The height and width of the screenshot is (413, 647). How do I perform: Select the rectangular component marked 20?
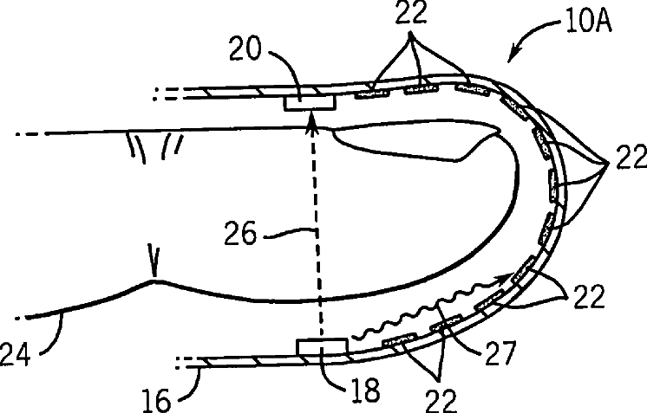(310, 101)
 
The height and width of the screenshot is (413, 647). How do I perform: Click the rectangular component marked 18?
(321, 348)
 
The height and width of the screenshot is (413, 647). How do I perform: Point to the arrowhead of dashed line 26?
(312, 126)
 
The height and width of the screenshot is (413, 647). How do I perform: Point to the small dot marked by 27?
(445, 329)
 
